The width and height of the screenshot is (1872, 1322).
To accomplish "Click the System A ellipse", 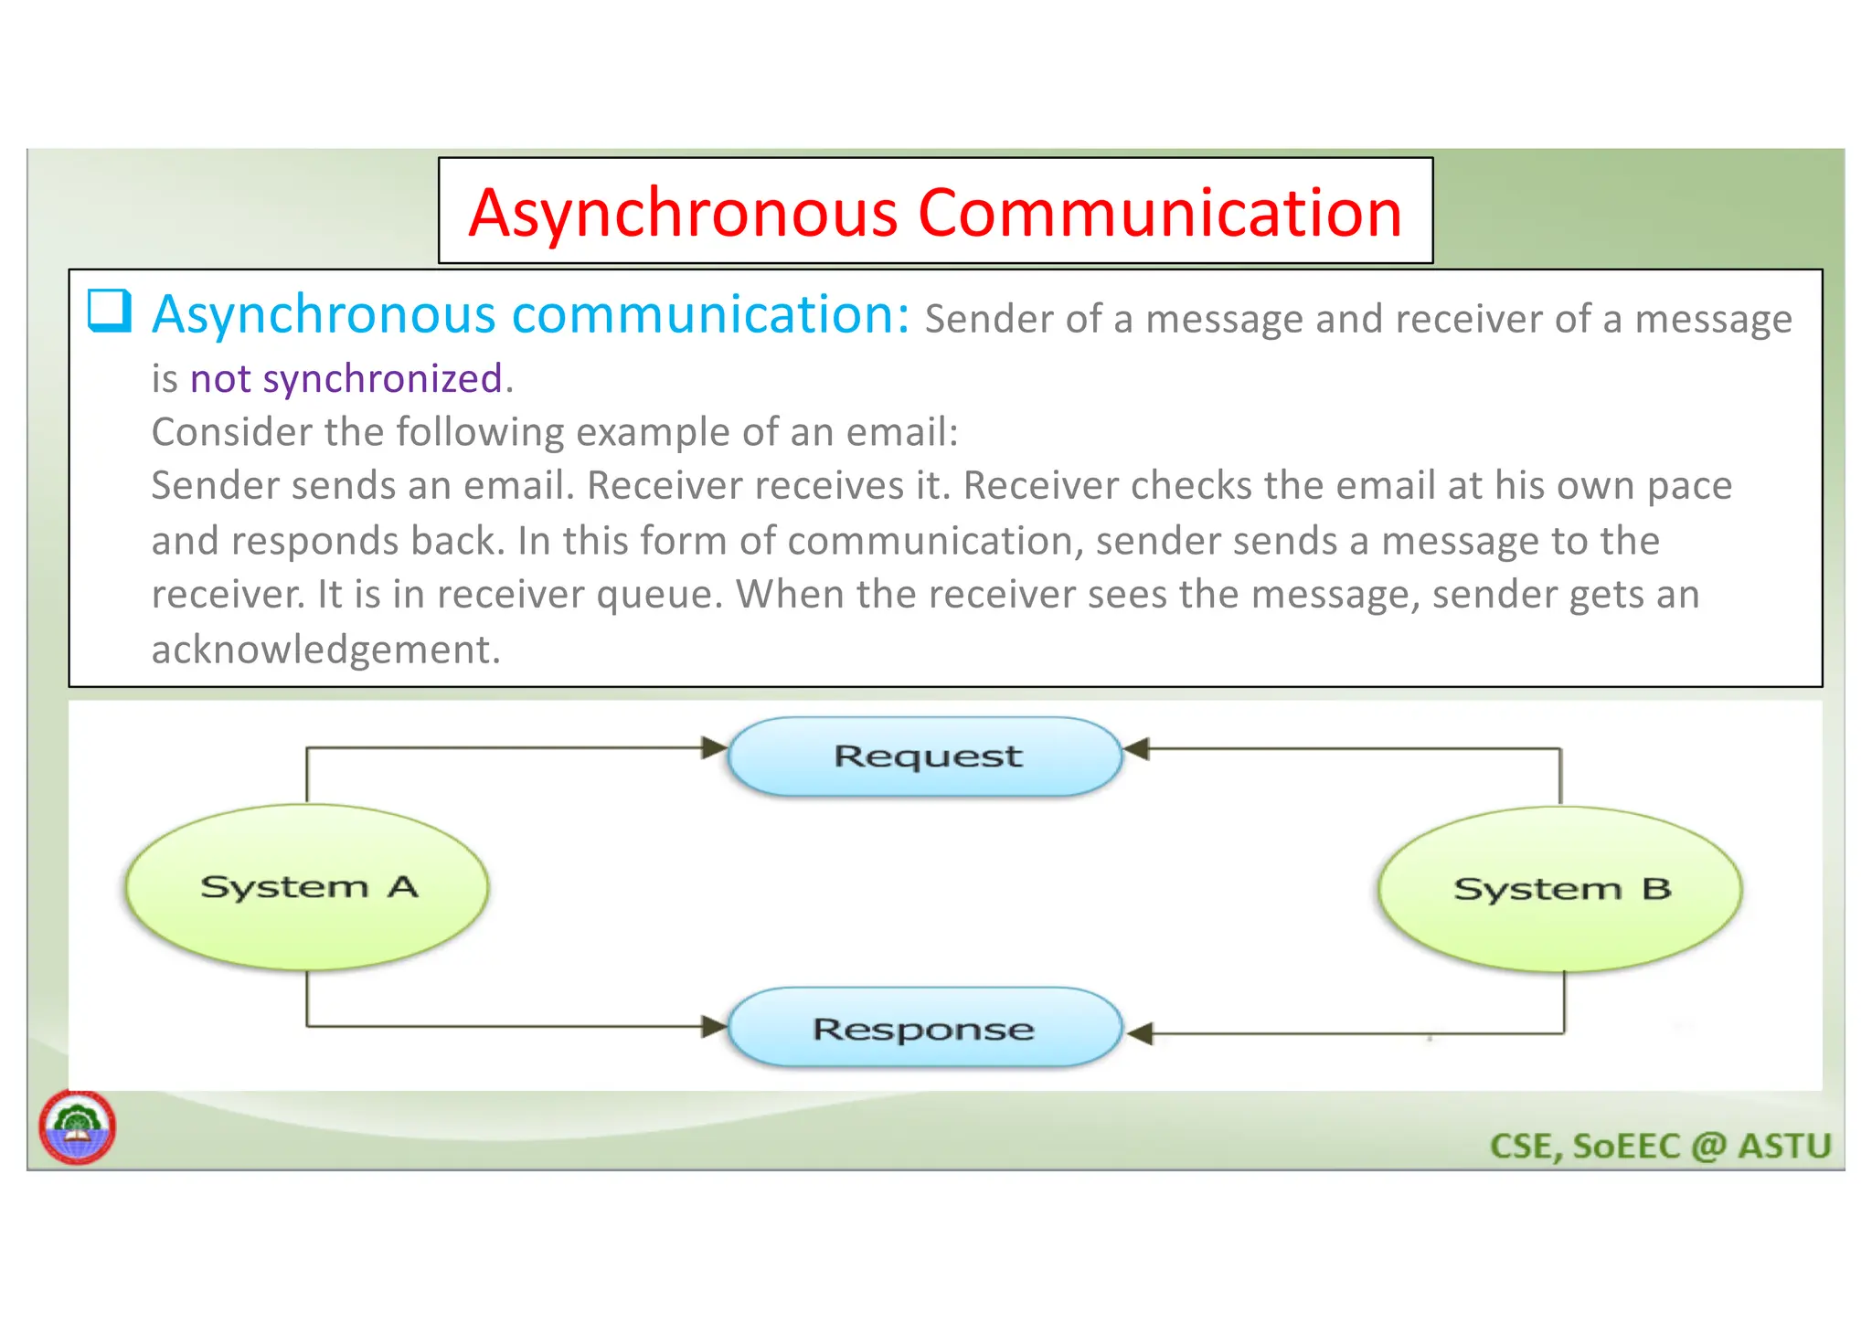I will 307,886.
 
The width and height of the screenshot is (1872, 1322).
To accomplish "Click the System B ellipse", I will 1560,888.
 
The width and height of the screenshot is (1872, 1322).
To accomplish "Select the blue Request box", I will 926,756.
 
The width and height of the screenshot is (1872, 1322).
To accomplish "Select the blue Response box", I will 925,1029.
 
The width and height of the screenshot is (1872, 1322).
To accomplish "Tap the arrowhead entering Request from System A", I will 714,748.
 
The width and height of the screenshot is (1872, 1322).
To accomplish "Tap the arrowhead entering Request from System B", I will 1136,749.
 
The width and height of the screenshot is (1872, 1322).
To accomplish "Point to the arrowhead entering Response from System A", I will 714,1026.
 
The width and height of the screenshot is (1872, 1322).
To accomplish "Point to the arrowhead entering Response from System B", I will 1140,1034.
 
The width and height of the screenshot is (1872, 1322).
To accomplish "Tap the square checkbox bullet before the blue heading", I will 110,311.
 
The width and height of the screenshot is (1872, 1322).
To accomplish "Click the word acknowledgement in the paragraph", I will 325,650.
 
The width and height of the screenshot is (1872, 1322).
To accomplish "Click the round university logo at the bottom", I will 78,1127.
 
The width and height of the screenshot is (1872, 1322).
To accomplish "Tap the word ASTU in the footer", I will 1784,1146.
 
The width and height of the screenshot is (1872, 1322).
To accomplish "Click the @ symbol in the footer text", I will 1708,1146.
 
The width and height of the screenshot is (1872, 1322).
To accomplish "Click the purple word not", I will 219,378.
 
